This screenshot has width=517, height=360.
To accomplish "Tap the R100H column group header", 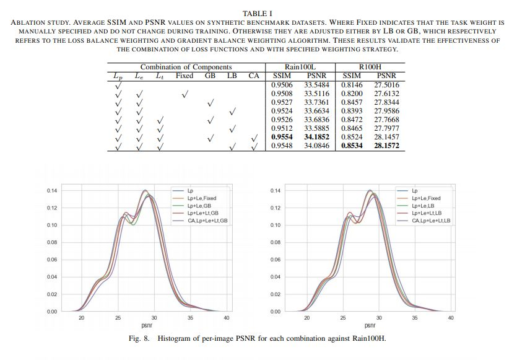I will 370,67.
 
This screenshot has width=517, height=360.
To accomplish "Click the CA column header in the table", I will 254,76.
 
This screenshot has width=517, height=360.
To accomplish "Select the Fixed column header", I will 185,76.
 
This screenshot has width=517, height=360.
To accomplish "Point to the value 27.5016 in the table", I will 387,85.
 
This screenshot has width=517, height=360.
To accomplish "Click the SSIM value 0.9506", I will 282,85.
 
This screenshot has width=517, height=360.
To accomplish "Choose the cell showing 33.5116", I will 316,94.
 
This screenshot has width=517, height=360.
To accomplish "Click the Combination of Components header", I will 186,67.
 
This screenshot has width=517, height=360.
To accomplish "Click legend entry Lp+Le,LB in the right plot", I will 424,206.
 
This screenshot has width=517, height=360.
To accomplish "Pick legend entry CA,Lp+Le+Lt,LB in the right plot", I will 431,221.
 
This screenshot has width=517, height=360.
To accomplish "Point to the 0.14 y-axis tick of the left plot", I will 52,190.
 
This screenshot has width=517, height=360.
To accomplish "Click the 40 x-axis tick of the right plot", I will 450,317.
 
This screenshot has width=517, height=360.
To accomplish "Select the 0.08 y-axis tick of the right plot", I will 277,242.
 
